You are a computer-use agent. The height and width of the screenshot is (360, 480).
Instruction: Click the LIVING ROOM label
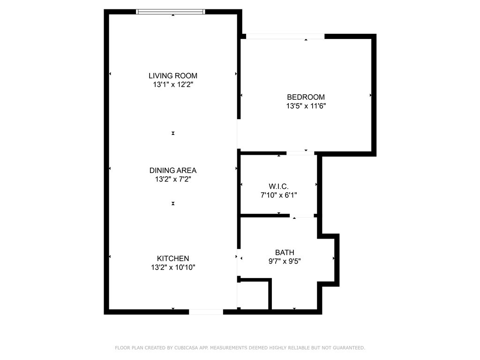click(x=173, y=75)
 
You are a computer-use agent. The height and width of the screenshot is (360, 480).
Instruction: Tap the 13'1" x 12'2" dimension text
click(x=173, y=85)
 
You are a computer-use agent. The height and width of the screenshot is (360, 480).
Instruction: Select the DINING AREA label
click(x=173, y=170)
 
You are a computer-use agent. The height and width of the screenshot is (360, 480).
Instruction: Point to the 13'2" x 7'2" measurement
click(x=173, y=179)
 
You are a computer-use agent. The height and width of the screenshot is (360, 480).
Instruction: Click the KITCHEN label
click(x=173, y=258)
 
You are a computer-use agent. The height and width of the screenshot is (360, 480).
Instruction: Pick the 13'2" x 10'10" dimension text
click(x=173, y=268)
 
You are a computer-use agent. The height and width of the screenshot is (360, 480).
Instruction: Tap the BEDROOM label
click(x=306, y=97)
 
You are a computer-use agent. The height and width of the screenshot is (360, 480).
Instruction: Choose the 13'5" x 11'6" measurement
click(x=306, y=106)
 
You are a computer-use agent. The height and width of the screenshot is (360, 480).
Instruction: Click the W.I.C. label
click(x=278, y=186)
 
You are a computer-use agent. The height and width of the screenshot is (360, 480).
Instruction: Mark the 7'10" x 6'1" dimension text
click(x=278, y=195)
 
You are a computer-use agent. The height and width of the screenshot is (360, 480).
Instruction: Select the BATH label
click(x=285, y=253)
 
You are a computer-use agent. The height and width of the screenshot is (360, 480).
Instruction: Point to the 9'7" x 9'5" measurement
click(x=285, y=262)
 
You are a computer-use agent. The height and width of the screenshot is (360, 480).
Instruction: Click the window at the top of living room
click(x=171, y=12)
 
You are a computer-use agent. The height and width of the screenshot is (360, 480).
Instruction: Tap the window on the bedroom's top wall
click(x=285, y=37)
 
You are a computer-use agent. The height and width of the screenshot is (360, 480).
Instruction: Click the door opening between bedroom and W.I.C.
click(x=300, y=153)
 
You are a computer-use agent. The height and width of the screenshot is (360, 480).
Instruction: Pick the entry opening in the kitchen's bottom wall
click(x=206, y=312)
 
